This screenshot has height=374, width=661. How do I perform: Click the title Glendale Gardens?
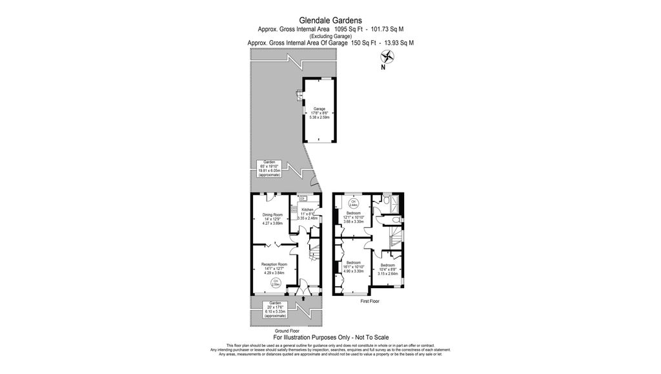(x=330, y=20)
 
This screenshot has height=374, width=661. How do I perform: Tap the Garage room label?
(x=320, y=113)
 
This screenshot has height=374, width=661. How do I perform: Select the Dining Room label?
(x=272, y=218)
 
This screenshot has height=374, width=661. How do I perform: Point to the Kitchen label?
(x=308, y=214)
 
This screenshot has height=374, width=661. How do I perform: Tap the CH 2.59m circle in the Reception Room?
(x=276, y=282)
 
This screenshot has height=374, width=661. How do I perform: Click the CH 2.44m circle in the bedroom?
(x=353, y=202)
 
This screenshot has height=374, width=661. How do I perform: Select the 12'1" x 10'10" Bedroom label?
(x=354, y=217)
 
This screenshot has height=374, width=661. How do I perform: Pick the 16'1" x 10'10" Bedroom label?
(x=354, y=267)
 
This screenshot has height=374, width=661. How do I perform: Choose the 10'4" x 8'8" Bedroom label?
(x=387, y=269)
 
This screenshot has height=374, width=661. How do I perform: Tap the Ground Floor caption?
(x=287, y=331)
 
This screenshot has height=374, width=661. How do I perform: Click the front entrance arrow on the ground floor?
(x=305, y=298)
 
